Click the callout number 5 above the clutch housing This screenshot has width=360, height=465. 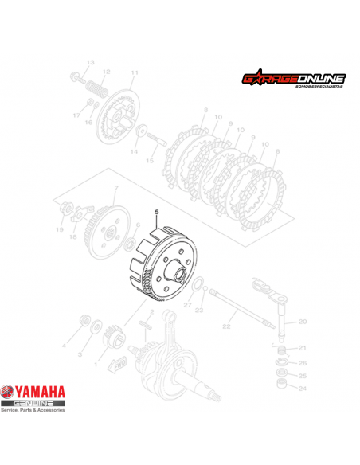157,212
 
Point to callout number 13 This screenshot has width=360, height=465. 90,62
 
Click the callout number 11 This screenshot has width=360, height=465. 134,72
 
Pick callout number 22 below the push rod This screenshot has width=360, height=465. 225,326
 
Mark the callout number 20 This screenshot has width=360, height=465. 302,322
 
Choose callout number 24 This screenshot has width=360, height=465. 302,389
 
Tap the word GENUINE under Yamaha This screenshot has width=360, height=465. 36,404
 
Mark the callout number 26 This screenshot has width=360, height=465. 302,363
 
